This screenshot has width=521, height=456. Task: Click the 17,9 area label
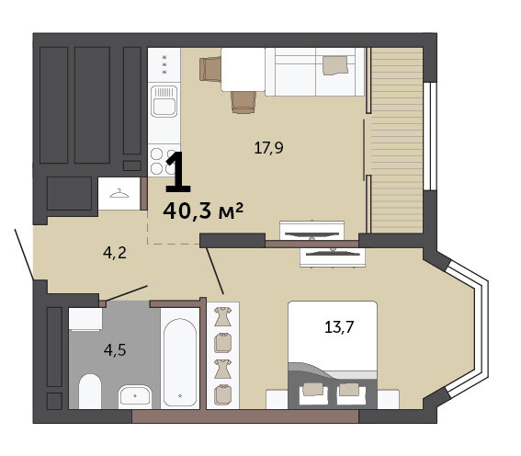click(x=268, y=148)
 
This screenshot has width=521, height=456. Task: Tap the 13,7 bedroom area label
click(x=339, y=327)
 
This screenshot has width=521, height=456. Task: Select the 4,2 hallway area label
click(x=115, y=253)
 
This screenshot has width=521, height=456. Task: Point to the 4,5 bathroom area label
click(x=115, y=350)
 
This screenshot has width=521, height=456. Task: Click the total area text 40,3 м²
click(x=203, y=211)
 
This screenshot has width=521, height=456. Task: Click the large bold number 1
click(x=177, y=172)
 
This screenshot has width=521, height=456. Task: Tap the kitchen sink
click(x=164, y=101)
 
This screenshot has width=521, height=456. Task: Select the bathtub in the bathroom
click(x=180, y=361)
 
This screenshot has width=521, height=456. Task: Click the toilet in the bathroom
click(x=90, y=392)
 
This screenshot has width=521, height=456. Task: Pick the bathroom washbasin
click(x=135, y=396)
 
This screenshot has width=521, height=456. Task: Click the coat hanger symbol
click(x=119, y=193)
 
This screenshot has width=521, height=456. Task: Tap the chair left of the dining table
click(x=210, y=69)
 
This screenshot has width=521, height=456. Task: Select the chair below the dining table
click(x=244, y=102)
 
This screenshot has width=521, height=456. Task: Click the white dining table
click(x=243, y=69)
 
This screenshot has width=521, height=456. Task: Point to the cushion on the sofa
click(x=335, y=64)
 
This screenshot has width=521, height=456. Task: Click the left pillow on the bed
click(x=313, y=390)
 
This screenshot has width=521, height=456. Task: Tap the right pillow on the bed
click(x=349, y=390)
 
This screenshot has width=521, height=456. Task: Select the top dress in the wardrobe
click(x=222, y=316)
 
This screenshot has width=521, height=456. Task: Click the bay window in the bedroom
click(x=468, y=328)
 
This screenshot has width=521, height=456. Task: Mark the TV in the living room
click(x=312, y=235)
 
